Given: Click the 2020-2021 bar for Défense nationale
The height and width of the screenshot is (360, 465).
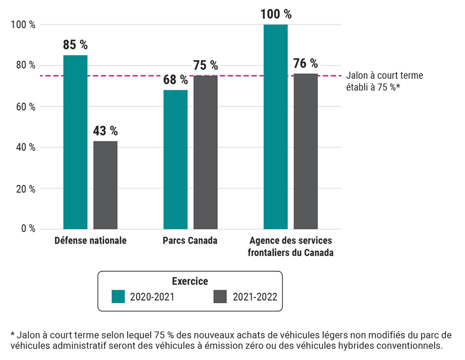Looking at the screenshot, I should pos(75,142).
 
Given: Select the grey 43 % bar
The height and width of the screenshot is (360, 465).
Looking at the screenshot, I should pos(105,185).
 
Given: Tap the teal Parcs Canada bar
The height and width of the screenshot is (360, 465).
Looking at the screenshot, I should pos(175,159).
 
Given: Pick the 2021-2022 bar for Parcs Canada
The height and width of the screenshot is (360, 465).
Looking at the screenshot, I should pos(206,152).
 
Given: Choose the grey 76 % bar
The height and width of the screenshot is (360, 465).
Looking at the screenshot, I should pos(306,151).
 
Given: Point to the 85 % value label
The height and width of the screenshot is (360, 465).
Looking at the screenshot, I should pos(75,45).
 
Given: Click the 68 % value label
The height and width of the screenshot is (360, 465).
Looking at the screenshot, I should pos(175,80).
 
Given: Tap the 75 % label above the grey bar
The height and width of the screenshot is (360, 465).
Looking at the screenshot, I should pos(206,66).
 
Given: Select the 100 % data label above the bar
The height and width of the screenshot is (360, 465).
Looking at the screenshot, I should pos(276,14).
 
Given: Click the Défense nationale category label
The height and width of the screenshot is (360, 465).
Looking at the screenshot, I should pos(91,241).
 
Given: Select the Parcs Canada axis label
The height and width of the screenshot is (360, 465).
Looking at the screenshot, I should pos(190,241).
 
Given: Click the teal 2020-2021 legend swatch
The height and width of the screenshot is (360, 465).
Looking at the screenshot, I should pos(119,297).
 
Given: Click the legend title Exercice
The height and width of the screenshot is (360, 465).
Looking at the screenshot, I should pos(190,281).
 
